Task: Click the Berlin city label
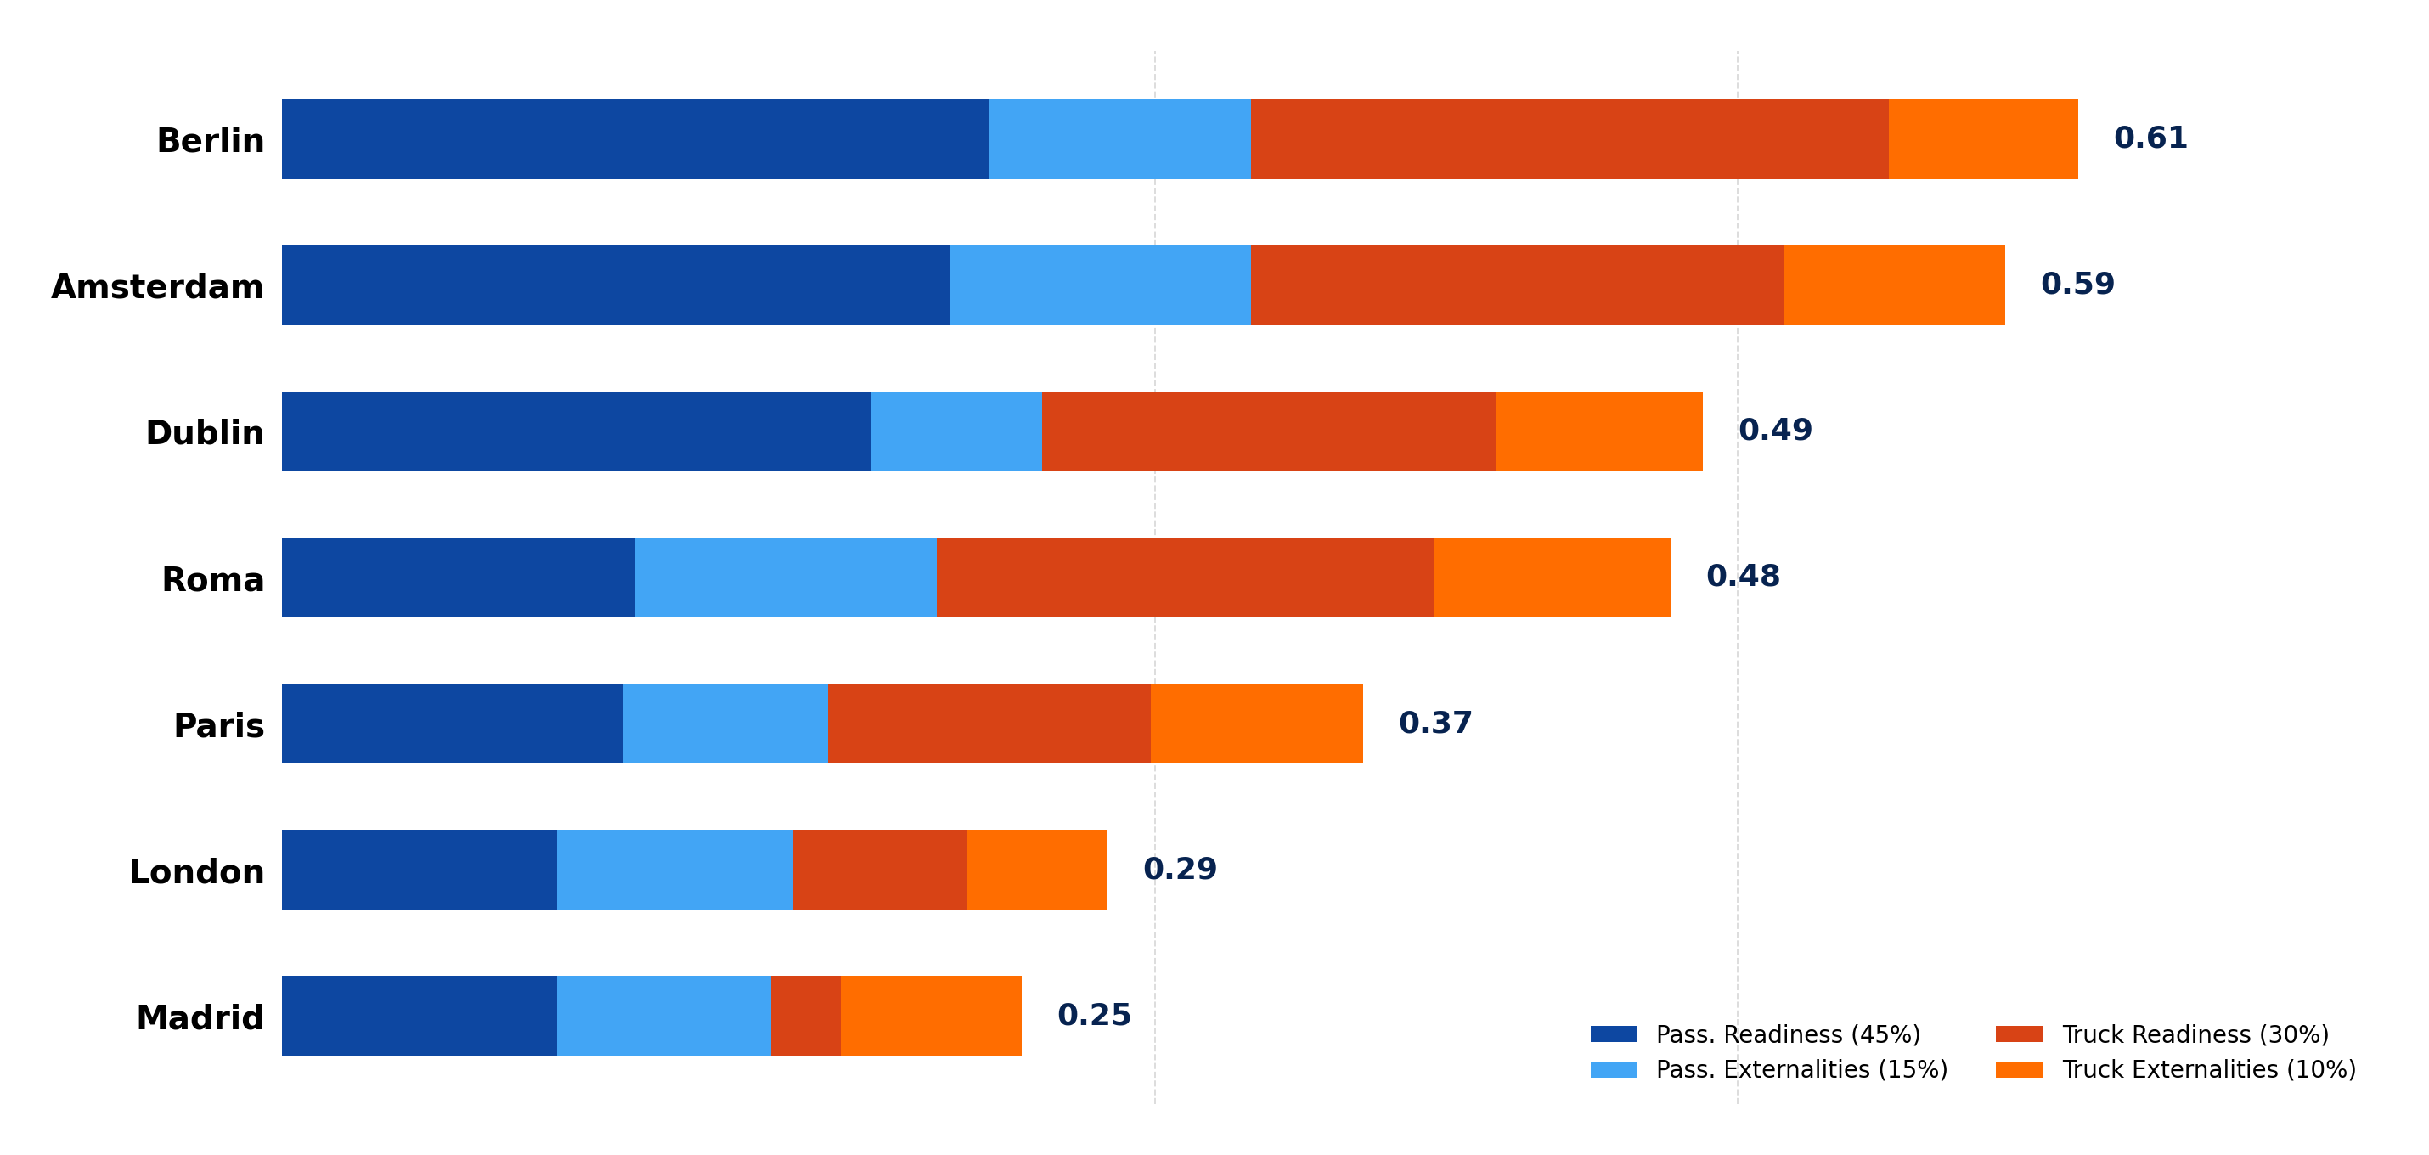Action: pos(211,140)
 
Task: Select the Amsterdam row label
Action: pos(157,287)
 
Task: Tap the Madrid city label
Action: pos(200,1018)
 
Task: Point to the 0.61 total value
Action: pos(2150,138)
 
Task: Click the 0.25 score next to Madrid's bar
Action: pos(1094,1016)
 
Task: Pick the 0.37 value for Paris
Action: pos(1435,724)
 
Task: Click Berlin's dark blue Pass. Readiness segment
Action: pos(634,138)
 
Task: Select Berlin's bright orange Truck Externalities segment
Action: pos(1982,138)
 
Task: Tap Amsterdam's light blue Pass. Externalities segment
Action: pos(1101,285)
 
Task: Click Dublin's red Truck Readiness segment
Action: pos(1268,431)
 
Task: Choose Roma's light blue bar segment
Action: pos(786,577)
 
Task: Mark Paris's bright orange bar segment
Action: pos(1256,724)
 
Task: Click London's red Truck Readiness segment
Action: pos(880,870)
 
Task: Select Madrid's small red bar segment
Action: pos(805,1016)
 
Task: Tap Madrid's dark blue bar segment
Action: pos(419,1016)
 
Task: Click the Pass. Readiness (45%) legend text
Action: pos(1788,1034)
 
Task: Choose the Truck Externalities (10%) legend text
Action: pos(2208,1069)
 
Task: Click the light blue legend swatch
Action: pos(1614,1069)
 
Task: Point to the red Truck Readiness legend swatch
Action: pos(2019,1034)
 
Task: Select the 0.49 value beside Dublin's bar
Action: pos(1774,431)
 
